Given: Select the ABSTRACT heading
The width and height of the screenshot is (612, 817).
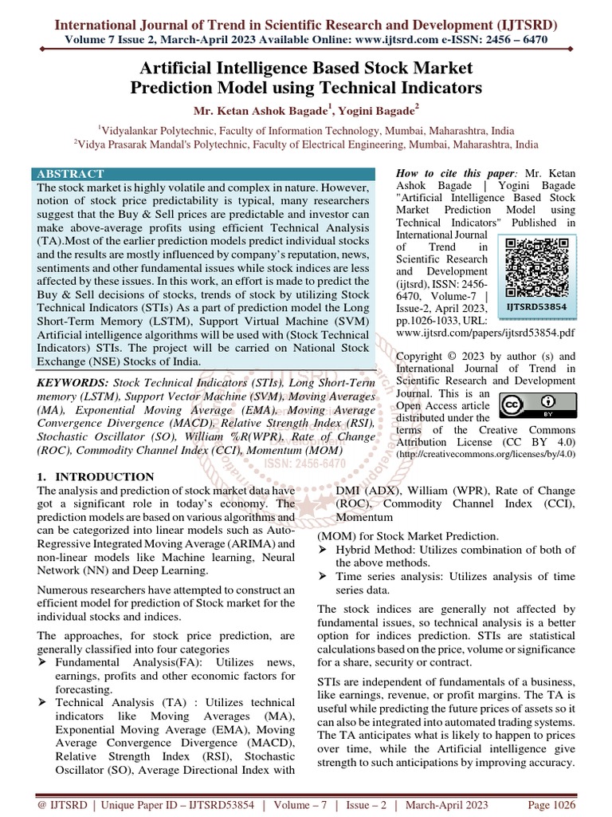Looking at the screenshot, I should click(x=71, y=174).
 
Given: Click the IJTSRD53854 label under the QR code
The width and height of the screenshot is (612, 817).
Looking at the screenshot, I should click(x=537, y=306).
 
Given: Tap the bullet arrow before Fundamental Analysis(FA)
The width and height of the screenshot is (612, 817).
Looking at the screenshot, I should click(x=45, y=662).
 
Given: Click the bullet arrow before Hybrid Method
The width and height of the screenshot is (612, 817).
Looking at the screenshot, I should click(x=324, y=551).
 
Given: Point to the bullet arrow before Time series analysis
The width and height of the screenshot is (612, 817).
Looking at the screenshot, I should click(x=324, y=576).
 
